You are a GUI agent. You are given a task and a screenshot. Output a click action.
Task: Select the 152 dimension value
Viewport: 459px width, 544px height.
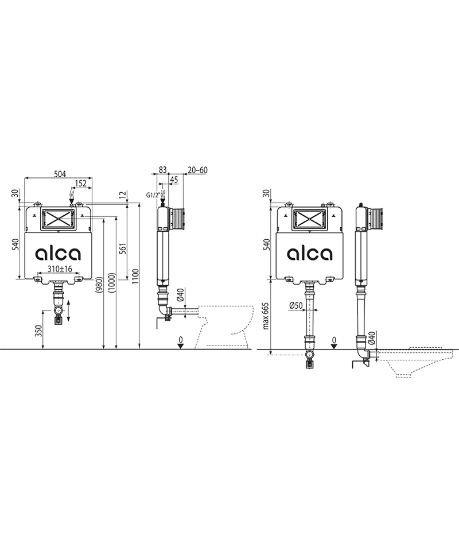tap(81, 184)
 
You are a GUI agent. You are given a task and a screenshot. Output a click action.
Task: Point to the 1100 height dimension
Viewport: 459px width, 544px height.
tap(135, 276)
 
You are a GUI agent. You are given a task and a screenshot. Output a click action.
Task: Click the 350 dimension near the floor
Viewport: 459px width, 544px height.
tap(39, 331)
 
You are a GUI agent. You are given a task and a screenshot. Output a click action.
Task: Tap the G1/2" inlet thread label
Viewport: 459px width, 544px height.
tap(153, 196)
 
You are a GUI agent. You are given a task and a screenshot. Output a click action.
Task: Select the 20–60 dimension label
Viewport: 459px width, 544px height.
tap(197, 170)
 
